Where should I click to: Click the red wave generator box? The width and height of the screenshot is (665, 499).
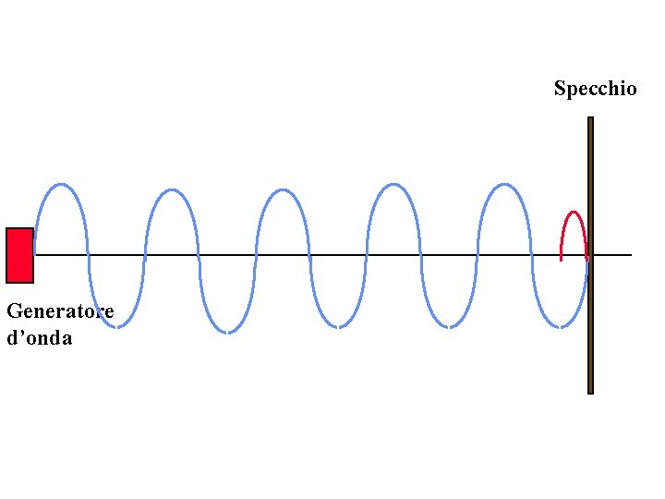pyautogui.click(x=19, y=255)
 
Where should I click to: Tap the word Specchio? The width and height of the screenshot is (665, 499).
pyautogui.click(x=595, y=89)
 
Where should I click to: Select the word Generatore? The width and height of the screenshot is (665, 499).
pyautogui.click(x=60, y=310)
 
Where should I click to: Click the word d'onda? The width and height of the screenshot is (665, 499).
pyautogui.click(x=39, y=337)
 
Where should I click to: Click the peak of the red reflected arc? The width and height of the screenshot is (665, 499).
pyautogui.click(x=574, y=213)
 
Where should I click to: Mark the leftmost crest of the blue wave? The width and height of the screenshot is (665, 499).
pyautogui.click(x=61, y=185)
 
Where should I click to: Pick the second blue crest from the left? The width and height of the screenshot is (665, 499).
pyautogui.click(x=171, y=190)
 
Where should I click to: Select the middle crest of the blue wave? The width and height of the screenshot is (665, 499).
pyautogui.click(x=282, y=190)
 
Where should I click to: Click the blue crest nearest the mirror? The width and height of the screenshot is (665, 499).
pyautogui.click(x=503, y=185)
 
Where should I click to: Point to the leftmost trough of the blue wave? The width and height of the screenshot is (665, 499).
pyautogui.click(x=117, y=325)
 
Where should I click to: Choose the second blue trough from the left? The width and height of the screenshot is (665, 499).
pyautogui.click(x=227, y=331)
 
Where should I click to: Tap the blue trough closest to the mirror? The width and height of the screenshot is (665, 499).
pyautogui.click(x=561, y=325)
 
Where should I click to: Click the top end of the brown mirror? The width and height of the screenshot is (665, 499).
pyautogui.click(x=590, y=119)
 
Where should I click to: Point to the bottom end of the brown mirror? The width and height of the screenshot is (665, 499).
pyautogui.click(x=590, y=391)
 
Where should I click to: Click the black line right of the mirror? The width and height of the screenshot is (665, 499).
pyautogui.click(x=613, y=255)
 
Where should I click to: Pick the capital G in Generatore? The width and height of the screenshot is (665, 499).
pyautogui.click(x=13, y=310)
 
